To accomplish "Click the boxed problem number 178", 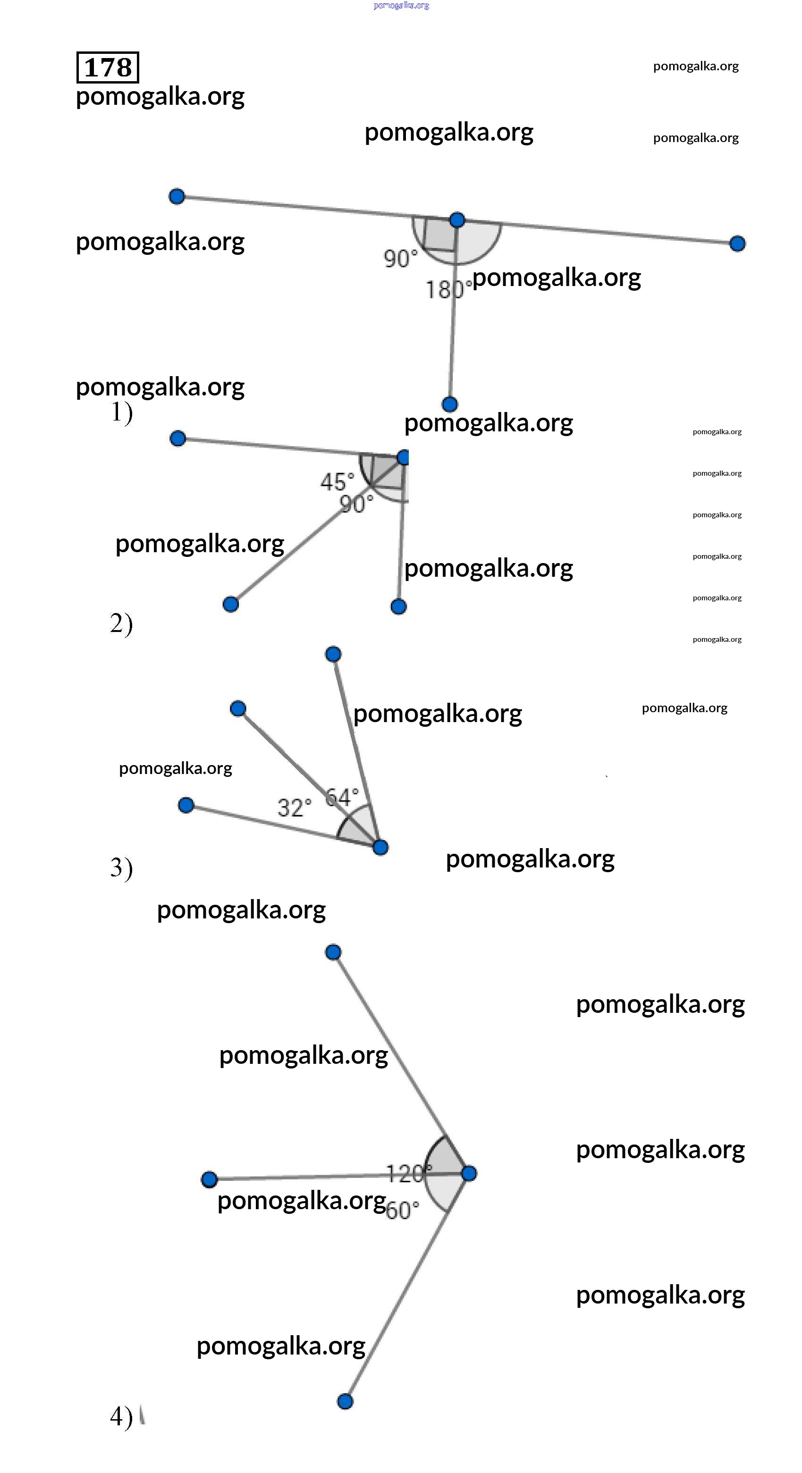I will pos(108,67).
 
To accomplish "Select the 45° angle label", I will pos(337,481).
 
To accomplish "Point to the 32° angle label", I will pos(294,808).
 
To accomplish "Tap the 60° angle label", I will pos(402,1211).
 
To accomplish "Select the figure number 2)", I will pos(121,623).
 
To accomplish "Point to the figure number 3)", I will pos(121,868).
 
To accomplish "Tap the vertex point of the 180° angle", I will pos(456,219).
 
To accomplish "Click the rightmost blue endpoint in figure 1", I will pos(737,244).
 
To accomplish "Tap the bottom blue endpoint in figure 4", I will pos(345,1401).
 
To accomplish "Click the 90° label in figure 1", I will pos(400,259).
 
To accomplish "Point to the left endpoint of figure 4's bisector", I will pos(210,1178).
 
